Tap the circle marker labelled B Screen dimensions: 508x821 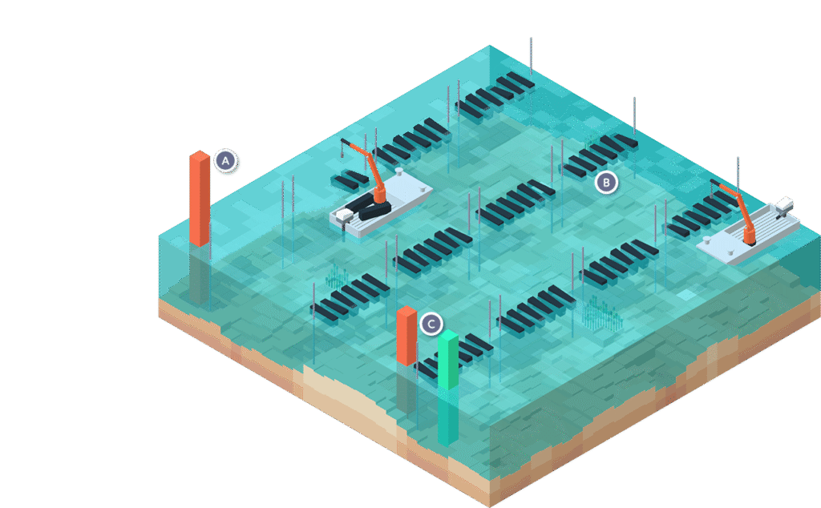pos(607,183)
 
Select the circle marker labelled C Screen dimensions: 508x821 pos(431,324)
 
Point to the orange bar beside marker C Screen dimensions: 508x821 pos(406,335)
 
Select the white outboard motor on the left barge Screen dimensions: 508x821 pos(344,216)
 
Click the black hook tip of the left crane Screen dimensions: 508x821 pos(345,143)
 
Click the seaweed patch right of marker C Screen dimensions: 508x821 pos(601,314)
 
